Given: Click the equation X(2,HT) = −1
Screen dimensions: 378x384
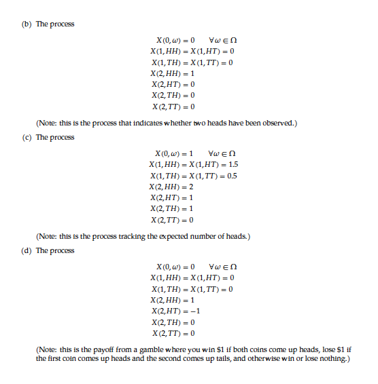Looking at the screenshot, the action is click(175, 311).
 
